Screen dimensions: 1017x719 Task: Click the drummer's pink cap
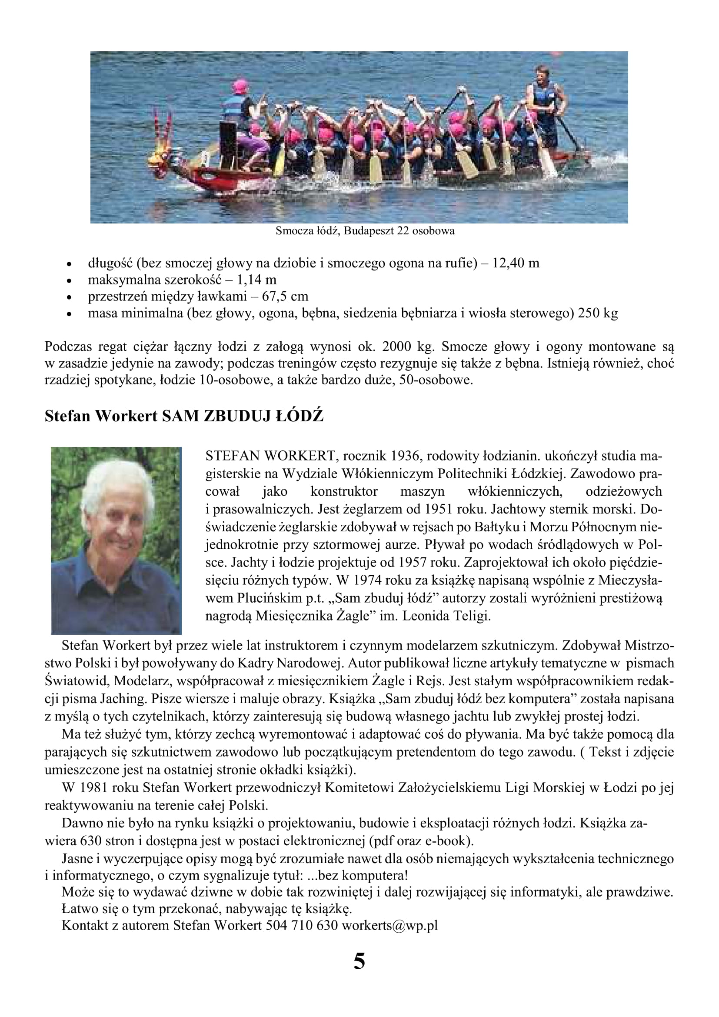(240, 86)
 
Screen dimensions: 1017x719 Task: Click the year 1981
(93, 787)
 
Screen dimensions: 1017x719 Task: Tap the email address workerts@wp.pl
(389, 925)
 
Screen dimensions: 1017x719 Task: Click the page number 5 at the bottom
(359, 962)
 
